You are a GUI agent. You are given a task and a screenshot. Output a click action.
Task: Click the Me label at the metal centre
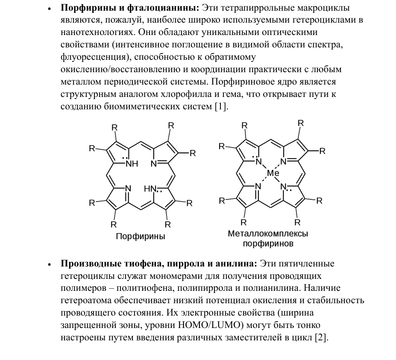[x=273, y=173]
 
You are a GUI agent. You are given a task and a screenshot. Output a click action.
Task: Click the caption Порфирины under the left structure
[x=140, y=236]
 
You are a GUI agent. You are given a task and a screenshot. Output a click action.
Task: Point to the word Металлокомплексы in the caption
[x=268, y=234]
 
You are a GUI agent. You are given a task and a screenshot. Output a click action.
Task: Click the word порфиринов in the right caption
[x=268, y=244]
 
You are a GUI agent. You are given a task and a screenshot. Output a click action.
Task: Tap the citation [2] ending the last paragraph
[x=321, y=338]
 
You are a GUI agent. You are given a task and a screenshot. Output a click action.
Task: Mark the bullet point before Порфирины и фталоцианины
[x=50, y=9]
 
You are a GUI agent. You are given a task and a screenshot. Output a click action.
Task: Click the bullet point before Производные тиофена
[x=50, y=264]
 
